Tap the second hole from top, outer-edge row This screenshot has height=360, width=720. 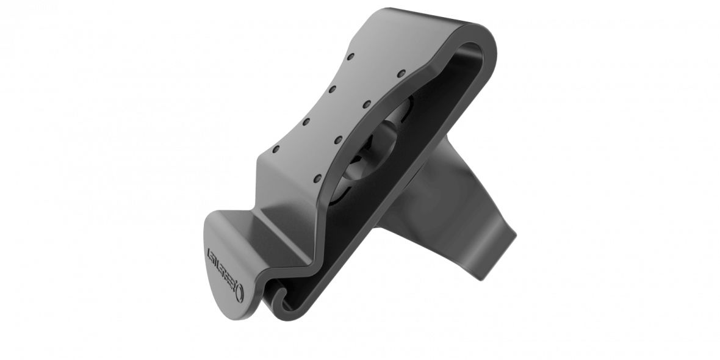point(333,88)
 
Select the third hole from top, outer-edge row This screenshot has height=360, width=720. point(305,120)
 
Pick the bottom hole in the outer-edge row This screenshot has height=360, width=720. point(275,149)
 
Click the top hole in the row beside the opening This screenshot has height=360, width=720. point(401,73)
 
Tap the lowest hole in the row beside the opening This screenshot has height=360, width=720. point(317,179)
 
